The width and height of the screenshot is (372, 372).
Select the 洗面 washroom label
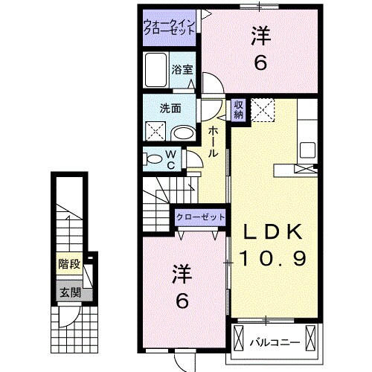click(170, 108)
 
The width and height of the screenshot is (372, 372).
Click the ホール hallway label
click(213, 141)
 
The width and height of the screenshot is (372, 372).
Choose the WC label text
click(170, 158)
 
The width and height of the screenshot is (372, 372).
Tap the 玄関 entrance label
click(69, 292)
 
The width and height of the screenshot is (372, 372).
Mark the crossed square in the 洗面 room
click(157, 132)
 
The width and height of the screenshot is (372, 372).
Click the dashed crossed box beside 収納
click(262, 109)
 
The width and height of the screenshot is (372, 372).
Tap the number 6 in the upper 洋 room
click(260, 63)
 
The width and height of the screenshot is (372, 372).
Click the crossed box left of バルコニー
click(239, 339)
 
